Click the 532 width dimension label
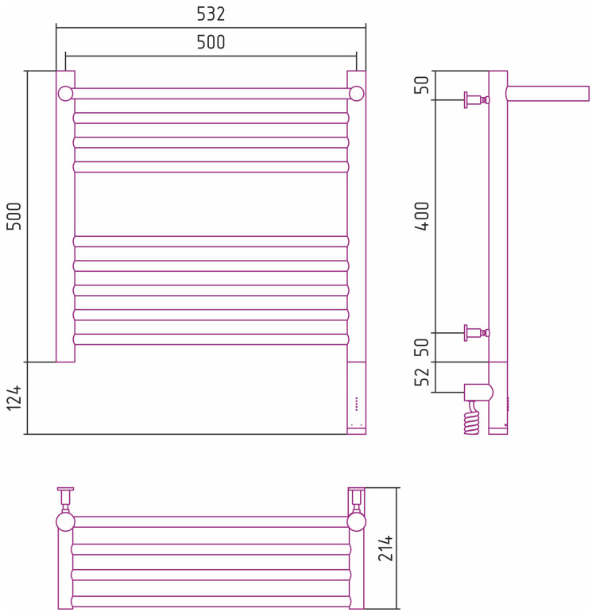click(x=211, y=14)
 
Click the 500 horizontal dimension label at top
click(x=211, y=43)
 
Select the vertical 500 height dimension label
click(x=15, y=215)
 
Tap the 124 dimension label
click(x=15, y=397)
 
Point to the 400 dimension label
click(x=423, y=215)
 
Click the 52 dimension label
click(x=423, y=374)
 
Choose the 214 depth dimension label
click(x=386, y=548)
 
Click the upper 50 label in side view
click(x=423, y=83)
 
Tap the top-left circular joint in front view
click(x=65, y=94)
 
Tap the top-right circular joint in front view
click(x=357, y=94)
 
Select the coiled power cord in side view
click(x=472, y=418)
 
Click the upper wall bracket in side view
click(x=475, y=100)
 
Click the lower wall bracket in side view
click(x=475, y=333)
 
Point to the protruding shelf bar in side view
click(x=548, y=94)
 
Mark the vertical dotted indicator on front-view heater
click(x=357, y=403)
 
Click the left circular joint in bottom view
click(x=65, y=522)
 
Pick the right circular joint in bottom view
click(x=357, y=522)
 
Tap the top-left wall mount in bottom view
click(x=65, y=497)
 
